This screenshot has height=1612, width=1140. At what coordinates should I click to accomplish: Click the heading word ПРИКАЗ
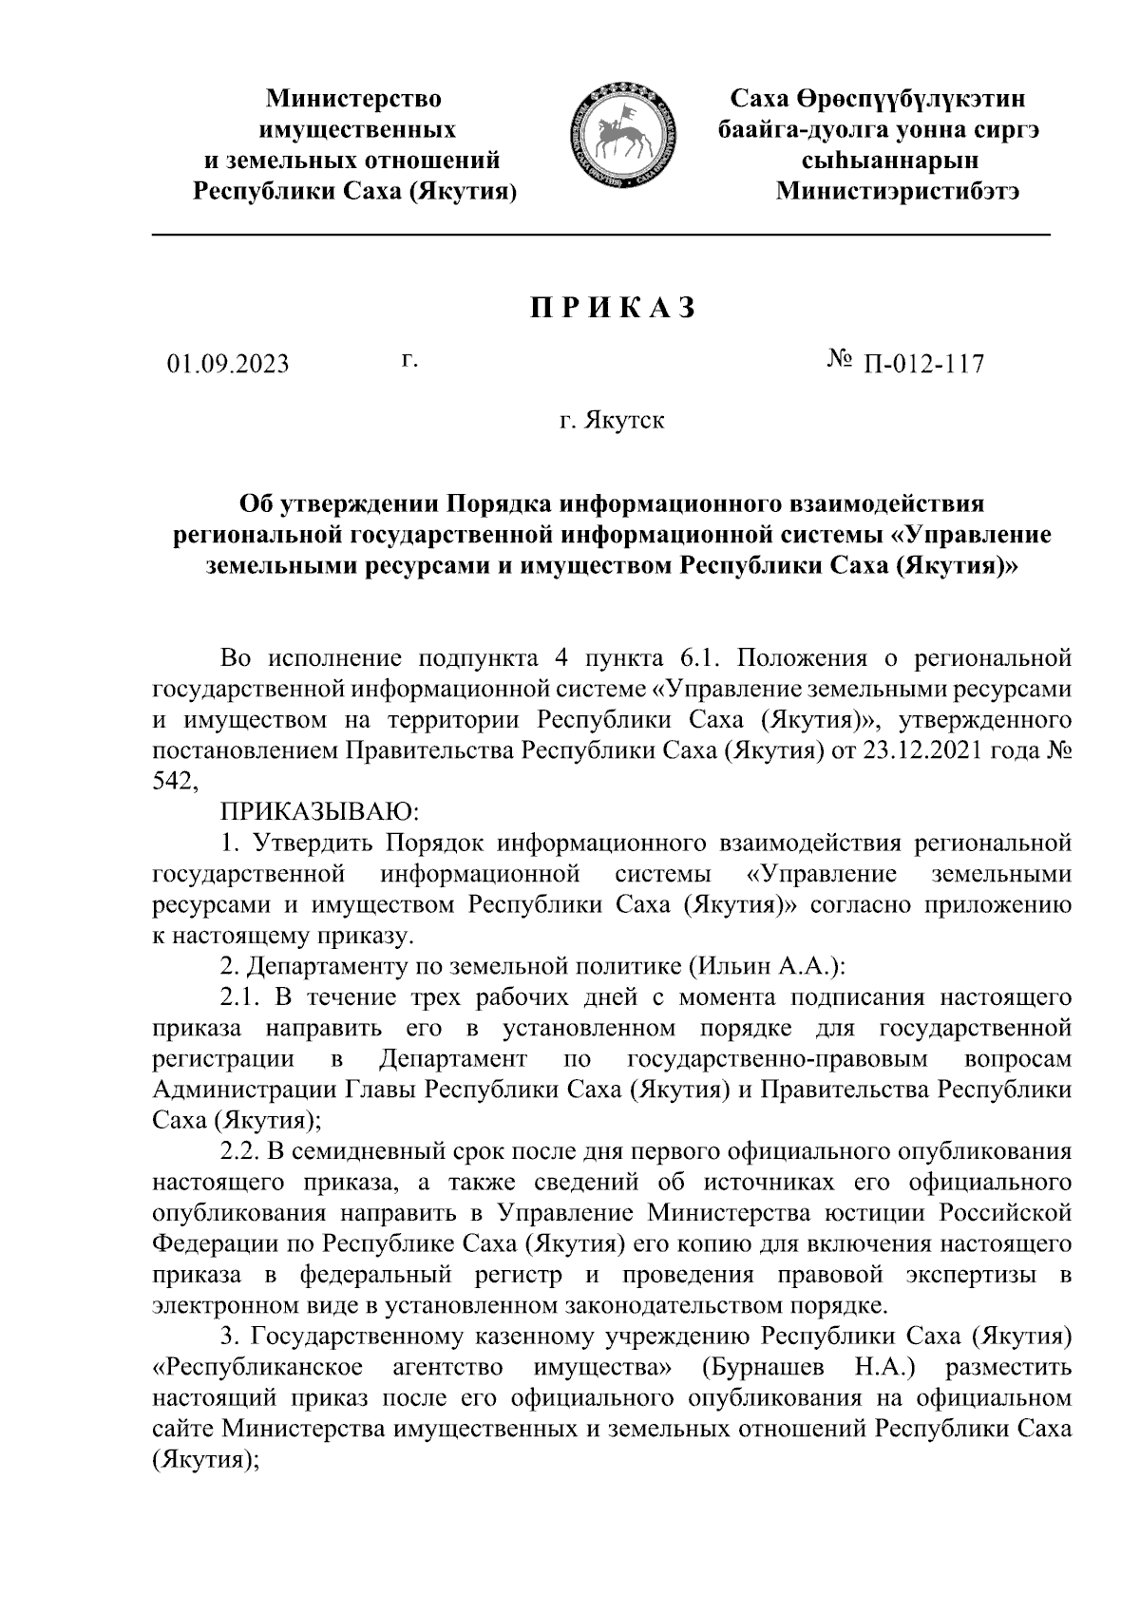[x=613, y=309]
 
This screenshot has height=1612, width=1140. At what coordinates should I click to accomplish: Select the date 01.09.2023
[x=228, y=364]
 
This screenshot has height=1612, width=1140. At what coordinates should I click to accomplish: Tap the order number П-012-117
[x=922, y=364]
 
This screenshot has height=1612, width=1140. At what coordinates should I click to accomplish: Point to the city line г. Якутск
[x=612, y=420]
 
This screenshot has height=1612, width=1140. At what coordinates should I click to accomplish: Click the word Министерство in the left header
[x=354, y=99]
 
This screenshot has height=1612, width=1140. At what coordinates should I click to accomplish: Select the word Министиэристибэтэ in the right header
[x=899, y=190]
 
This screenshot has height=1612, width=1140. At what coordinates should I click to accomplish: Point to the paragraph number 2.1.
[x=239, y=997]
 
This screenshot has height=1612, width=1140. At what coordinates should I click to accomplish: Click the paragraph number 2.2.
[x=239, y=1151]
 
